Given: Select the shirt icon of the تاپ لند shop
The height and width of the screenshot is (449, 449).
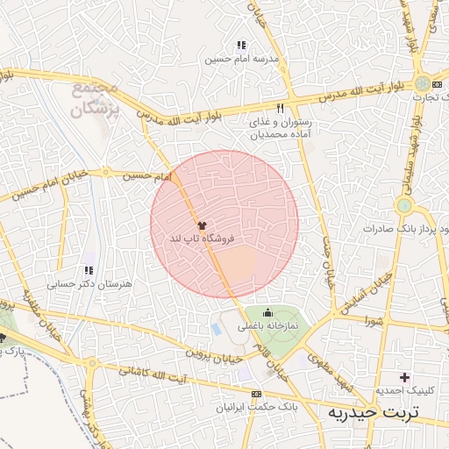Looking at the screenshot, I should (203, 225).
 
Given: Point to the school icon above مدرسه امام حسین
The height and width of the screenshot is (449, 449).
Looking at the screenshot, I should (241, 45).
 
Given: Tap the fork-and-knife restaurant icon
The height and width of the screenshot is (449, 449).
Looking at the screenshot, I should (281, 108).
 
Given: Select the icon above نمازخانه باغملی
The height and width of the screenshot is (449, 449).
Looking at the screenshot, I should (267, 313).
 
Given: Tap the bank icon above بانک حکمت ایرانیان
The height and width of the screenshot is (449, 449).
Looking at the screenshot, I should (256, 396).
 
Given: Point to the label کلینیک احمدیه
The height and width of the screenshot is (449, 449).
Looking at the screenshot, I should (403, 390).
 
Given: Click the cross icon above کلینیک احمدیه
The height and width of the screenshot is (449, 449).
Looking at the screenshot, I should (403, 376).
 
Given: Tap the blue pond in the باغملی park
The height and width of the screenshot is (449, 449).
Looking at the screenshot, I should (217, 329).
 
